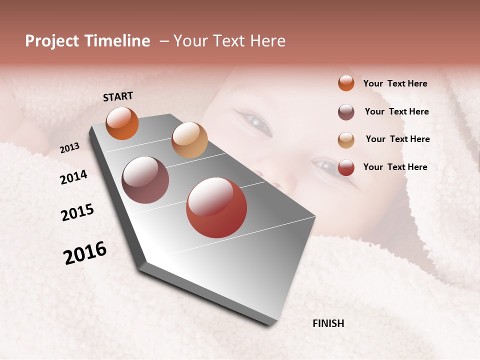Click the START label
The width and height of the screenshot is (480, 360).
click(118, 96)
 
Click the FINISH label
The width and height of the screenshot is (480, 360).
click(328, 323)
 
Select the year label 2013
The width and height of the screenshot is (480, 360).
click(70, 147)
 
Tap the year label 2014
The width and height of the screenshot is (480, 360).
click(74, 177)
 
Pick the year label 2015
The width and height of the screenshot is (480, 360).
click(77, 212)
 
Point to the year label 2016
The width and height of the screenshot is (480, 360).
click(85, 253)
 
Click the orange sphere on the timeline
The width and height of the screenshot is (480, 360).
click(122, 123)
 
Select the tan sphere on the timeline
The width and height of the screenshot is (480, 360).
click(189, 140)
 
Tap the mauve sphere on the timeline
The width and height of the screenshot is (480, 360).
click(145, 180)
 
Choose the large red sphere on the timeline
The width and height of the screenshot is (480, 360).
click(216, 207)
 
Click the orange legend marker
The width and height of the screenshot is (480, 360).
click(346, 83)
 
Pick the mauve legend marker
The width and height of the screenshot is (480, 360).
click(346, 112)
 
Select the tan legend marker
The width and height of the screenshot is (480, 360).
click(346, 140)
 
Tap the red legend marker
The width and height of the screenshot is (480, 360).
click(346, 167)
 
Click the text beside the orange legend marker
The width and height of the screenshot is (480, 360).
click(395, 83)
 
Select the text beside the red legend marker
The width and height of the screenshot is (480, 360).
click(395, 167)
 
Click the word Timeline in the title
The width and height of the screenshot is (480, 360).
click(117, 41)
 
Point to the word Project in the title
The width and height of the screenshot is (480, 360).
click(52, 41)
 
